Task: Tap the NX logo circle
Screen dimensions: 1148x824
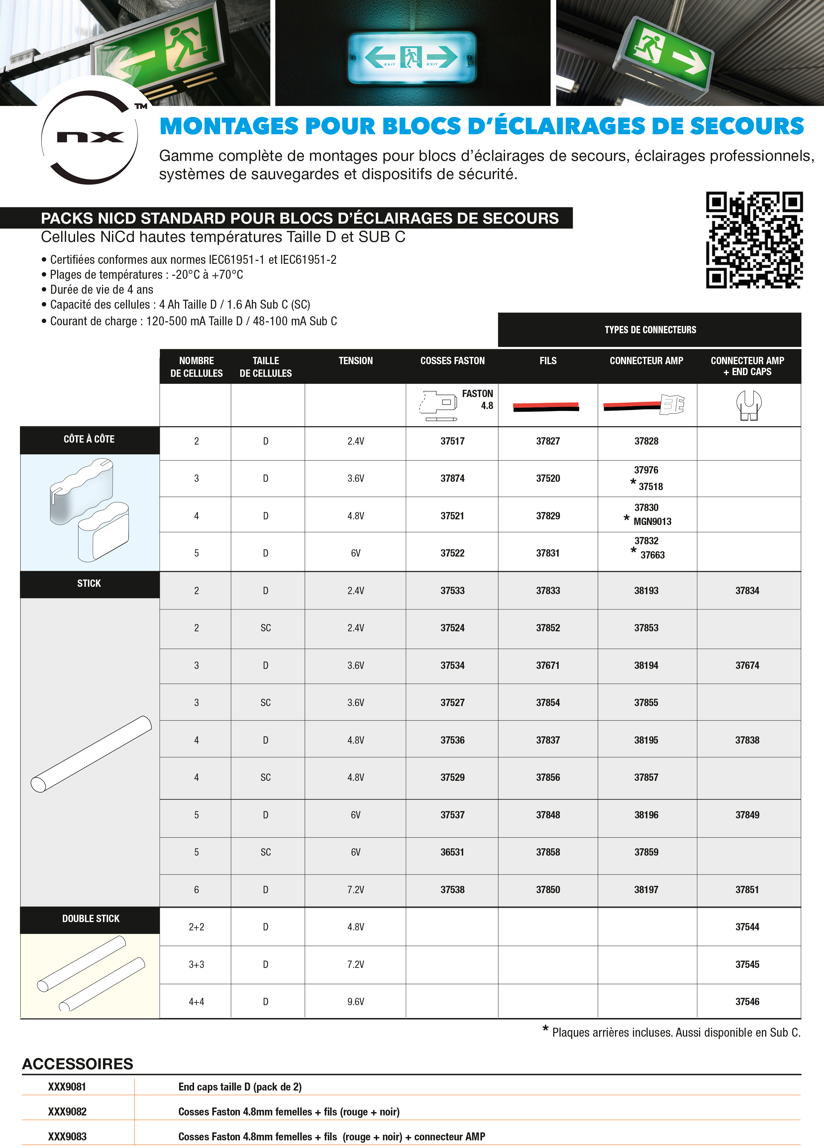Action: (90, 137)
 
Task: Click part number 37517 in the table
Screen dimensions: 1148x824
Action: (452, 441)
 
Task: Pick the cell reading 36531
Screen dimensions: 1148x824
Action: (452, 852)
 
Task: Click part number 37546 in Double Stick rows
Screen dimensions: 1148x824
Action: (747, 1001)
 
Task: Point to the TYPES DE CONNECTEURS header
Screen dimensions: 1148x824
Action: (650, 330)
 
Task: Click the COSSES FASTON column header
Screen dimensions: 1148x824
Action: (452, 361)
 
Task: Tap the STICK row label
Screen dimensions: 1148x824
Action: (89, 583)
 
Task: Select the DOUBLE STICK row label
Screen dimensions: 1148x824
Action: (91, 918)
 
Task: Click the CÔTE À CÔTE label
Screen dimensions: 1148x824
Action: (89, 439)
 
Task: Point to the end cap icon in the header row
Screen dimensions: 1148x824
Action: (749, 405)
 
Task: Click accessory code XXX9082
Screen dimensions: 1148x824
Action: (67, 1111)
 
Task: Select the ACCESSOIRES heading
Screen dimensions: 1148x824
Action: (77, 1064)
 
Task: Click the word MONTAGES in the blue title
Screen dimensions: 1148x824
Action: (229, 126)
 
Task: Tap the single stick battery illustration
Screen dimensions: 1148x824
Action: (91, 754)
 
